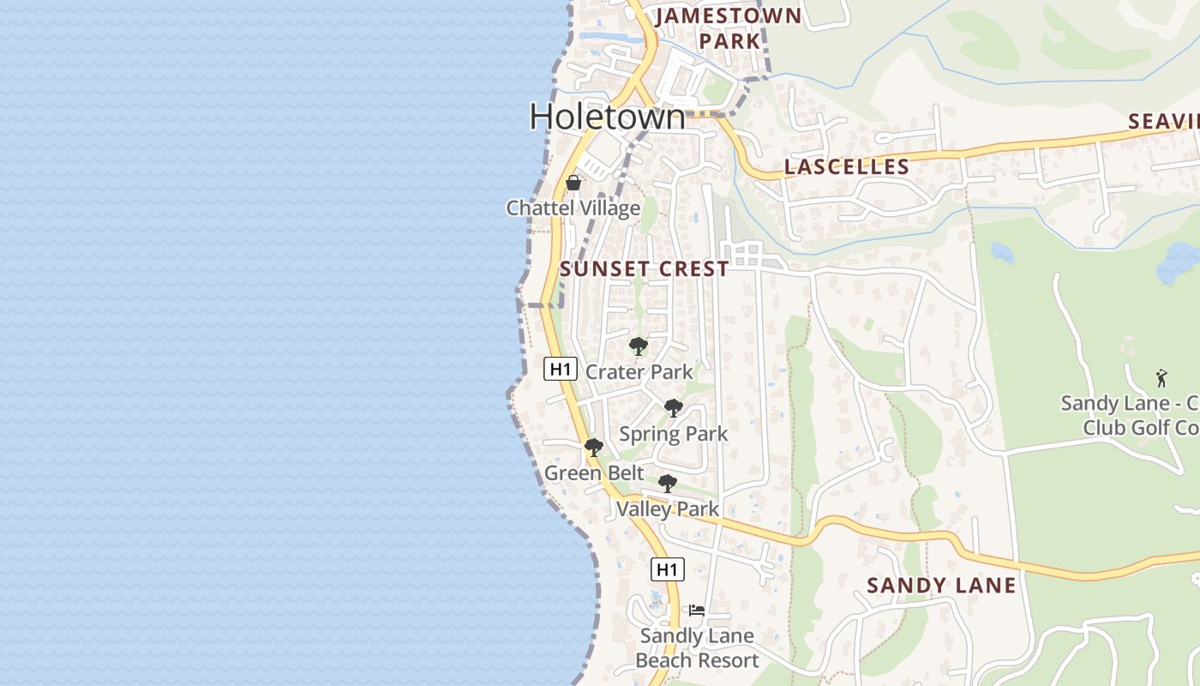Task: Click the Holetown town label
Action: [607, 117]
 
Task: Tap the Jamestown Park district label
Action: [729, 27]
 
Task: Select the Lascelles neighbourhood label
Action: [846, 166]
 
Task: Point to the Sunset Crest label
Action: [644, 268]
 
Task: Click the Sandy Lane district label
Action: [941, 586]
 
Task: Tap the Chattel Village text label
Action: [573, 208]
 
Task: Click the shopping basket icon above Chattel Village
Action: [573, 183]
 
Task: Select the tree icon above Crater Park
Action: [638, 346]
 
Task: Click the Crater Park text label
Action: [639, 372]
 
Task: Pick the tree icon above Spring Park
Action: [674, 408]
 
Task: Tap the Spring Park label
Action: [673, 434]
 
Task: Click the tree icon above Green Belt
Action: [593, 448]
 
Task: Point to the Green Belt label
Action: [594, 473]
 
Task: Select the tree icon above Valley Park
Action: [667, 484]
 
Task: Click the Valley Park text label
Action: [667, 509]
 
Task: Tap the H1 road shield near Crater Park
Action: [560, 370]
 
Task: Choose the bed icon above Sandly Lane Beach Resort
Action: [697, 611]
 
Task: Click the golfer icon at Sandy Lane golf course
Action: [1161, 377]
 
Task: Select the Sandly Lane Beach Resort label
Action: [697, 648]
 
